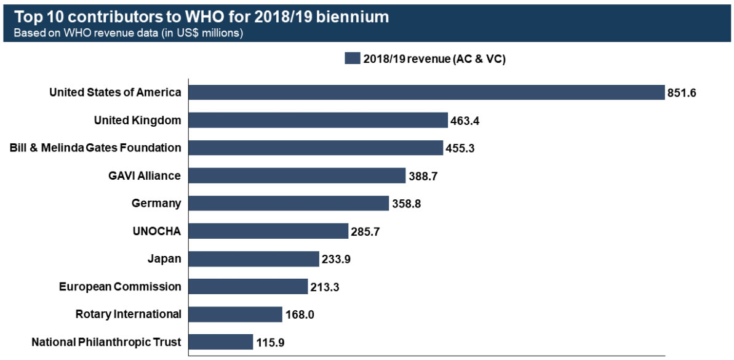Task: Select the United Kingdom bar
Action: pyautogui.click(x=317, y=120)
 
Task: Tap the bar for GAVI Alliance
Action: pyautogui.click(x=297, y=175)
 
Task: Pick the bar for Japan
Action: pyautogui.click(x=253, y=258)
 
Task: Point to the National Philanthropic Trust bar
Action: pyautogui.click(x=220, y=342)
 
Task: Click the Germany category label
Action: pyautogui.click(x=156, y=203)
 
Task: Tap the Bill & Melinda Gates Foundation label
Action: pyautogui.click(x=95, y=148)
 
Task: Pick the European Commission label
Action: pyautogui.click(x=120, y=286)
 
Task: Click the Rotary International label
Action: pyautogui.click(x=128, y=314)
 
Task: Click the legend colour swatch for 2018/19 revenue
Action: pyautogui.click(x=352, y=58)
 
